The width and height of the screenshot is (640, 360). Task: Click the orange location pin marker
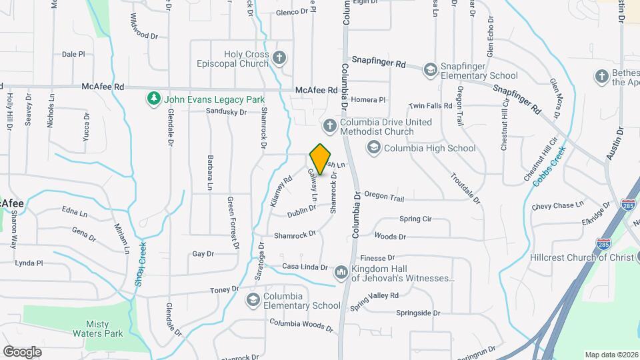pos(321,159)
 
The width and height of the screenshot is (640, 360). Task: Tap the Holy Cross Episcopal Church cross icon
pos(280,59)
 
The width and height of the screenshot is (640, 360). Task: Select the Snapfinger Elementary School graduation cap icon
pos(430,69)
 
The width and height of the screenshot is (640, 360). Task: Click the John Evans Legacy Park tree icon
pos(154,99)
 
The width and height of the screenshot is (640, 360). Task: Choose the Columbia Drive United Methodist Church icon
pos(329,125)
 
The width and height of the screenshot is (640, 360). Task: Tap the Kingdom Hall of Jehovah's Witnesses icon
pos(341,272)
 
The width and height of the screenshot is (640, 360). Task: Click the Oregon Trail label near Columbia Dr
pos(384,197)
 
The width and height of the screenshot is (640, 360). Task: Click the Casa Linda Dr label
pos(305,267)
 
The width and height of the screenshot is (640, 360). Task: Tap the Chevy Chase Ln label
pos(557,205)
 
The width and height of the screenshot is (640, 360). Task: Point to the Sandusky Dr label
pos(227,111)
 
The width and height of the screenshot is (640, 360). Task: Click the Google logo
pos(22,351)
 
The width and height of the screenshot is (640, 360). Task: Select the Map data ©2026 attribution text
pos(611,355)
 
